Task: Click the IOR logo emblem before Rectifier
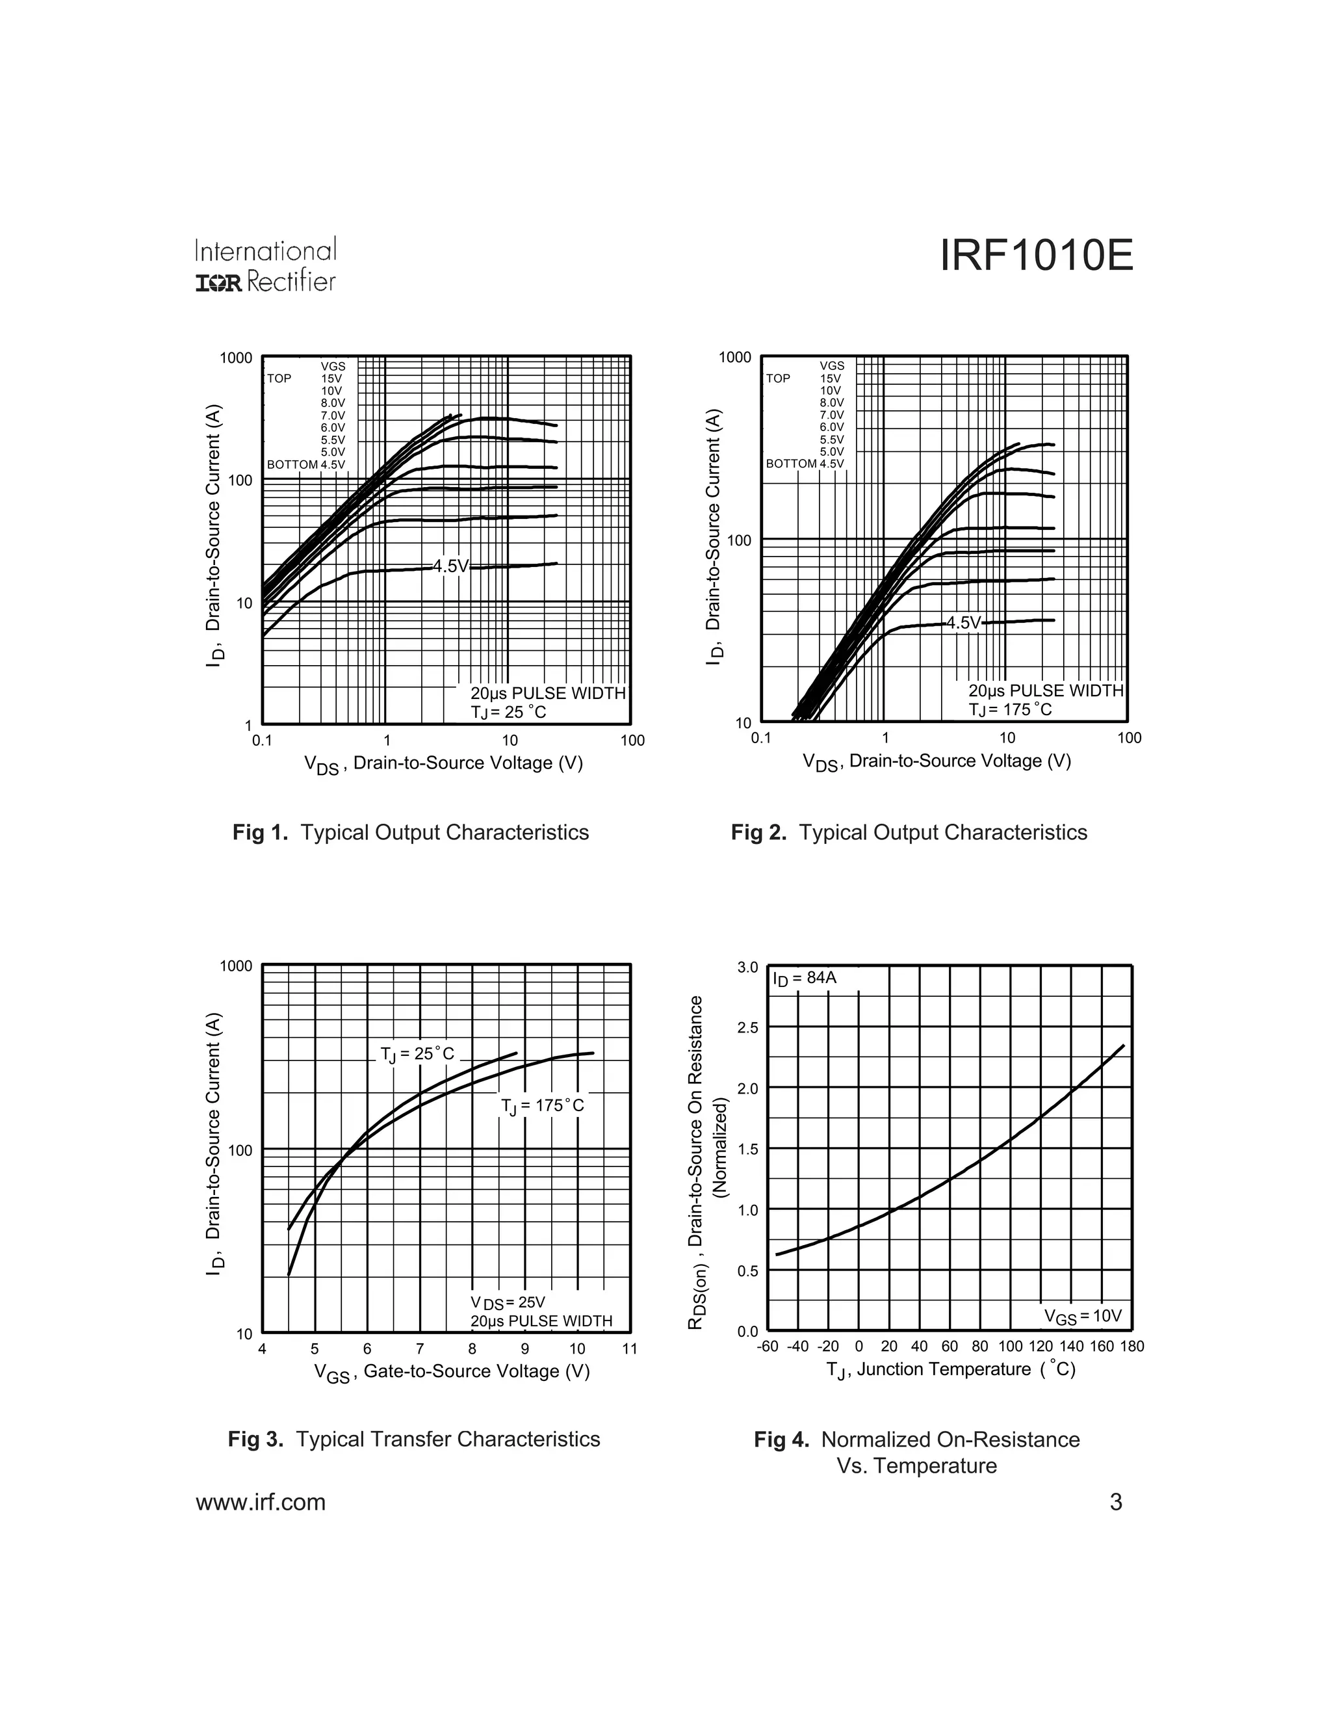pyautogui.click(x=219, y=282)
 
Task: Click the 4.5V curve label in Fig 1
pyautogui.click(x=451, y=566)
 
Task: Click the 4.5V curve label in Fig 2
pyautogui.click(x=964, y=622)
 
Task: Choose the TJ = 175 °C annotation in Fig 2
pyautogui.click(x=1010, y=709)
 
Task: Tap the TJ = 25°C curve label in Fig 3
pyautogui.click(x=417, y=1054)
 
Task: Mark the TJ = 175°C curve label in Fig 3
pyautogui.click(x=543, y=1105)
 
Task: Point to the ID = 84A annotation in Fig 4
pyautogui.click(x=805, y=979)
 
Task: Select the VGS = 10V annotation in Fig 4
pyautogui.click(x=1083, y=1316)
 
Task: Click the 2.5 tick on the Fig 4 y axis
pyautogui.click(x=747, y=1027)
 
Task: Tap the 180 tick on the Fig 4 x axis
pyautogui.click(x=1131, y=1346)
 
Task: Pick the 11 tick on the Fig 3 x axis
pyautogui.click(x=629, y=1348)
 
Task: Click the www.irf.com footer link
pyautogui.click(x=260, y=1502)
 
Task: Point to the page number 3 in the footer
pyautogui.click(x=1116, y=1502)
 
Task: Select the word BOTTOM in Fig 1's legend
pyautogui.click(x=292, y=465)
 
